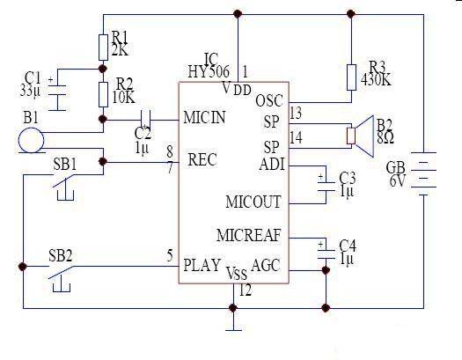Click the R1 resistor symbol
(x=103, y=48)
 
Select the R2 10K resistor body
(x=103, y=94)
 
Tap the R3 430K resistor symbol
(x=351, y=77)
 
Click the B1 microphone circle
(x=31, y=140)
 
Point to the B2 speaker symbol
(x=360, y=136)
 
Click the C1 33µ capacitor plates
(x=57, y=90)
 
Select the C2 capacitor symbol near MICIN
(x=146, y=120)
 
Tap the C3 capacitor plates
(x=326, y=187)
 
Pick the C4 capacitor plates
(x=326, y=254)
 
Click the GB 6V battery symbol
(x=423, y=173)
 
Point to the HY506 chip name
(x=209, y=71)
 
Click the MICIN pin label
(x=204, y=117)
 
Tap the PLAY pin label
(x=202, y=265)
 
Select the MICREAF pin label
(x=249, y=235)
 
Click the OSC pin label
(x=269, y=100)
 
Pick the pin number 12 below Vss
(x=246, y=290)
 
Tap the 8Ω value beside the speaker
(x=385, y=137)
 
